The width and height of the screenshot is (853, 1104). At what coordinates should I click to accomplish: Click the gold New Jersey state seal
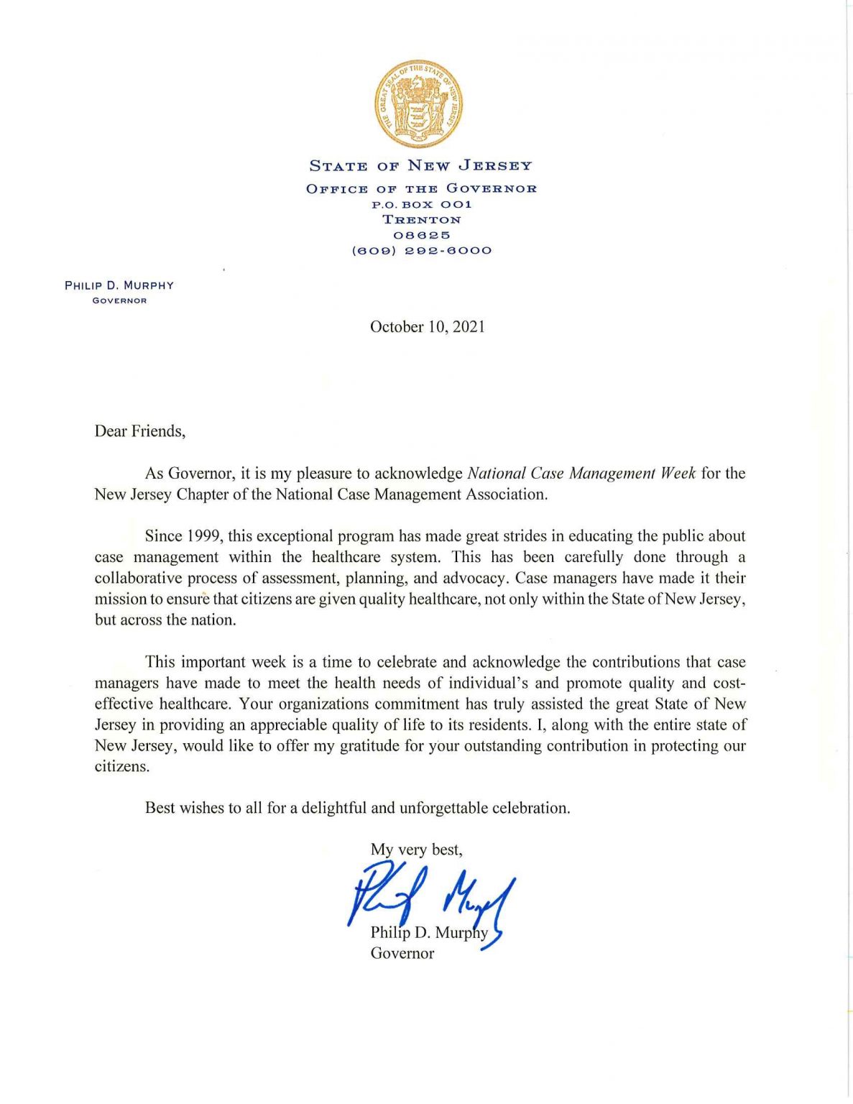[418, 104]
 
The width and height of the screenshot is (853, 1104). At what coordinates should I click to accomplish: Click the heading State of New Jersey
[420, 166]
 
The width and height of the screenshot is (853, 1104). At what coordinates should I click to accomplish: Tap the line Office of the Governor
[421, 188]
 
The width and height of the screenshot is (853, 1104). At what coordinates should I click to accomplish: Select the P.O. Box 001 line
[421, 205]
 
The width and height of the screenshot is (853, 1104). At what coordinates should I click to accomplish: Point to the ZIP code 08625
[421, 235]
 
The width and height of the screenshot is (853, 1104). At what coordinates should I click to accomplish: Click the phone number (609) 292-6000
[421, 251]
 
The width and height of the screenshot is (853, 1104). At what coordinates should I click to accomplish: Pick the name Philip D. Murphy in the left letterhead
[119, 285]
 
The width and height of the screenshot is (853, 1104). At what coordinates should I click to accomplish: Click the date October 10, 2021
[427, 327]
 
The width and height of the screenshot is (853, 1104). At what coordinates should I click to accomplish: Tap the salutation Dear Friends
[139, 431]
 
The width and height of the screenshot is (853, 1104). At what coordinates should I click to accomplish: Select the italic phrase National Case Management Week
[581, 474]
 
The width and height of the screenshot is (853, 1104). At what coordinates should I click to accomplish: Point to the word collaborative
[137, 579]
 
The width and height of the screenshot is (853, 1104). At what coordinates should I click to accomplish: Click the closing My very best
[416, 850]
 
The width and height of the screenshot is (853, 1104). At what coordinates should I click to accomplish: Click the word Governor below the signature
[402, 954]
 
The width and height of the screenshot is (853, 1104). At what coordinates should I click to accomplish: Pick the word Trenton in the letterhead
[421, 220]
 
